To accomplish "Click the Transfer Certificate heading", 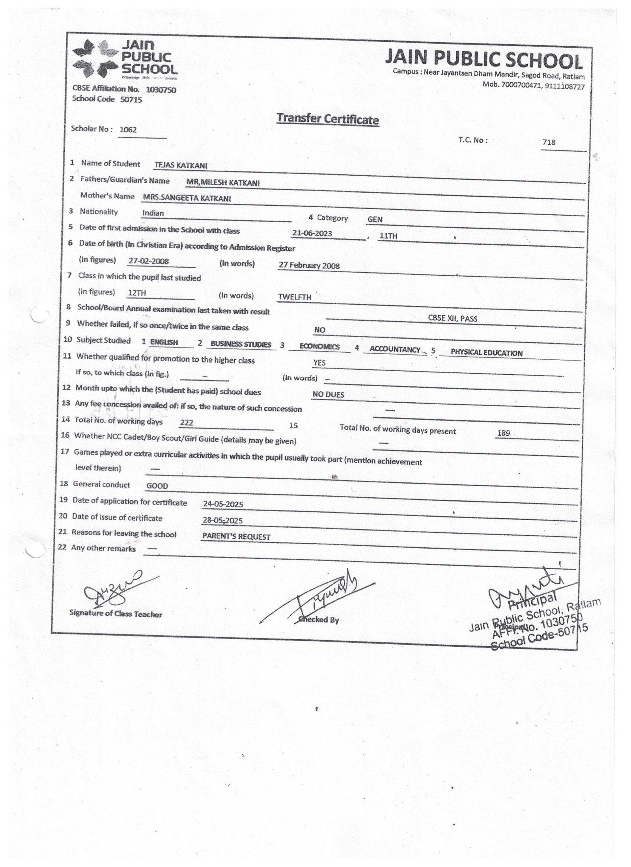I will pyautogui.click(x=327, y=119).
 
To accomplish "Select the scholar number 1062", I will pyautogui.click(x=128, y=130).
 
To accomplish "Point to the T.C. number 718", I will pyautogui.click(x=549, y=142).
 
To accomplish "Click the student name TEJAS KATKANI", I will pyautogui.click(x=181, y=166).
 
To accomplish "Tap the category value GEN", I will pyautogui.click(x=375, y=220).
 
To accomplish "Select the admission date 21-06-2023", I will pyautogui.click(x=312, y=233).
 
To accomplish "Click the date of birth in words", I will pyautogui.click(x=309, y=266).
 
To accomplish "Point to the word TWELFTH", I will pyautogui.click(x=294, y=298).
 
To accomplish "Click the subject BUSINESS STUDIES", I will pyautogui.click(x=241, y=344).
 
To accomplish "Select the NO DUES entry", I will pyautogui.click(x=328, y=394).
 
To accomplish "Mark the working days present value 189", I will pyautogui.click(x=503, y=433).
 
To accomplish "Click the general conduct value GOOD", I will pyautogui.click(x=157, y=486).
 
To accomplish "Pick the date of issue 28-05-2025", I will pyautogui.click(x=222, y=521).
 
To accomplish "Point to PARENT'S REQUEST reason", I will pyautogui.click(x=236, y=537).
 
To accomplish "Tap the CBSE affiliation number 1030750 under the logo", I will pyautogui.click(x=161, y=90).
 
